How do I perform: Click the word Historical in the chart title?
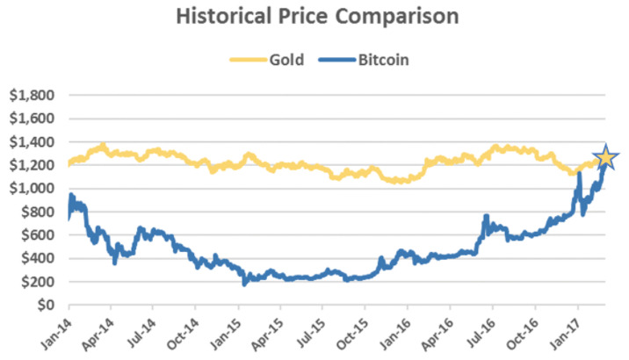[223, 17]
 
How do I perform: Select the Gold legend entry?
[267, 60]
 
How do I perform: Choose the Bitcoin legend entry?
[364, 60]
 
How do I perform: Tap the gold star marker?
[606, 157]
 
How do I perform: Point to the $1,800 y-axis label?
[32, 96]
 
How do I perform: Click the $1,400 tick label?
[32, 142]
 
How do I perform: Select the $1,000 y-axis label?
[32, 189]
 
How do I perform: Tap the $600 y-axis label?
[37, 235]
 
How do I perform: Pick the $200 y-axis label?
[37, 282]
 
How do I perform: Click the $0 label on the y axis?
[46, 305]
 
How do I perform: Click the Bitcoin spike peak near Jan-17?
[579, 173]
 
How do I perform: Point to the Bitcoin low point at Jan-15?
[244, 284]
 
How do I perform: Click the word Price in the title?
[303, 17]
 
